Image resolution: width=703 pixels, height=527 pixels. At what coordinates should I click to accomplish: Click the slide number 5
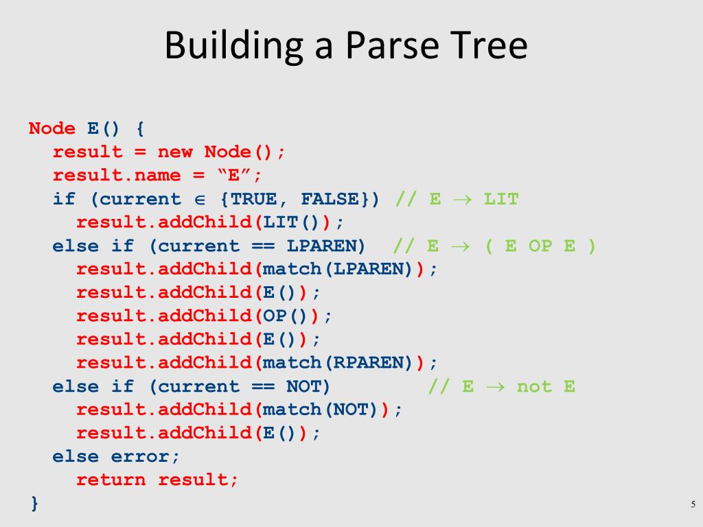693,505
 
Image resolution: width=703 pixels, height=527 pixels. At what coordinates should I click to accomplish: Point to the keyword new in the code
175,152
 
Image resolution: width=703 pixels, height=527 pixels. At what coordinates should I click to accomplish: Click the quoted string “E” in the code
233,175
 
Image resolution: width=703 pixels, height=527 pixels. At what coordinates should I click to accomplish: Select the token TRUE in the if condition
256,199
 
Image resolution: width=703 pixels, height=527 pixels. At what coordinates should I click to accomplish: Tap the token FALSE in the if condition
330,199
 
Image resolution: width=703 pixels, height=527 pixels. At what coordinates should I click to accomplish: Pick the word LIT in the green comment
500,199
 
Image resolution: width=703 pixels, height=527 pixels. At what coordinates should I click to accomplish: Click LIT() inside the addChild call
292,222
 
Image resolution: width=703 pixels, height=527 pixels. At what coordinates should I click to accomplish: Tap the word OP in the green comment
540,246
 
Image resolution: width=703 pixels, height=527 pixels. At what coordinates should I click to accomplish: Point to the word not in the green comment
534,386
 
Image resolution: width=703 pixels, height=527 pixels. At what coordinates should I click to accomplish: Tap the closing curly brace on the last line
34,503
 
